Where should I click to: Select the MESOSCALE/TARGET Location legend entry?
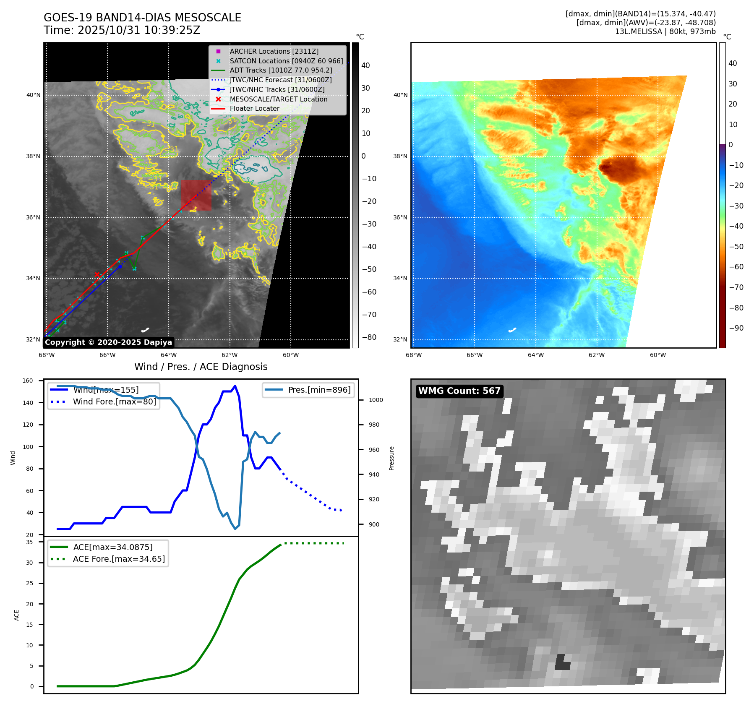coord(278,99)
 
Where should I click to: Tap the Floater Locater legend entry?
coord(254,108)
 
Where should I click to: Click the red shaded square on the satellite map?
coord(196,195)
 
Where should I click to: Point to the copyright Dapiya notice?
coord(108,342)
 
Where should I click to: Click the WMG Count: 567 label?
coord(459,391)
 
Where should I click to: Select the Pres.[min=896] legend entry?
coord(319,390)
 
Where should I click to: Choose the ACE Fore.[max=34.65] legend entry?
coord(119,559)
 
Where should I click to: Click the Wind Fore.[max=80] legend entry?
coord(114,401)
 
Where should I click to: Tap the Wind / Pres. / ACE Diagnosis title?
coord(201,367)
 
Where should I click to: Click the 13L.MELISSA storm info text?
coord(665,31)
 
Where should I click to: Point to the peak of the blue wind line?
coord(235,386)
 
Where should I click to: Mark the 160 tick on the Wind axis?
coord(28,381)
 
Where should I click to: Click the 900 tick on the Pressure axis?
coord(374,524)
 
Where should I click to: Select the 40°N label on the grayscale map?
coord(34,95)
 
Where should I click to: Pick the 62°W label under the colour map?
coord(597,355)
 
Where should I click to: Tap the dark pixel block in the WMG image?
coord(562,662)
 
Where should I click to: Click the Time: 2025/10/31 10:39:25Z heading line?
coord(122,30)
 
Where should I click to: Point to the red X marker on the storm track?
coord(97,275)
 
